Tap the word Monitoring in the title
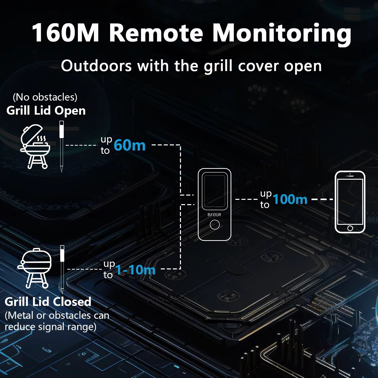[x=282, y=33]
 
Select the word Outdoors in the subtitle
[x=96, y=66]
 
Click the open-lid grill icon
[x=35, y=146]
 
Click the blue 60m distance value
[x=130, y=145]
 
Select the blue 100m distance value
[x=290, y=199]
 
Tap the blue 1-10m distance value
[x=135, y=270]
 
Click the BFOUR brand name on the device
[x=214, y=215]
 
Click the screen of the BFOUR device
[x=214, y=191]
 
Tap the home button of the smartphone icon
[x=350, y=228]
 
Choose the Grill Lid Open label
[x=46, y=111]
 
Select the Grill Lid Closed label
[x=48, y=302]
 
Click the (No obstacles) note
[x=45, y=97]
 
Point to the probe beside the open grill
[x=61, y=146]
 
